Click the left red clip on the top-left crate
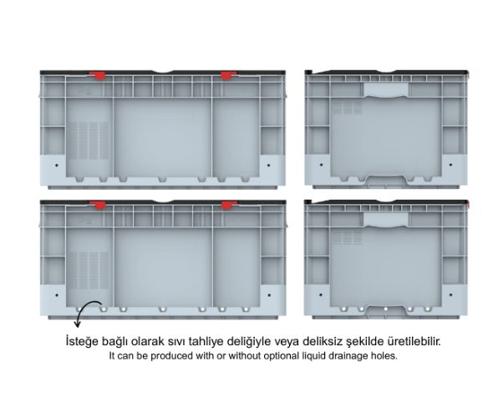click(98, 75)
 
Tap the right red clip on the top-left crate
click(228, 75)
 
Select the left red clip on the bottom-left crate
click(98, 205)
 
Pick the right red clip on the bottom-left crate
click(228, 205)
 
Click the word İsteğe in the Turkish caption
click(82, 342)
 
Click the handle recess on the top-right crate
click(386, 89)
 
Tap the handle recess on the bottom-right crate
click(386, 220)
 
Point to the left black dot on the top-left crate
click(57, 166)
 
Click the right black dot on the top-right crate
click(450, 165)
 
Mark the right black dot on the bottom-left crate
click(269, 295)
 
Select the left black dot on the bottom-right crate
click(321, 294)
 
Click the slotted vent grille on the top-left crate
click(89, 140)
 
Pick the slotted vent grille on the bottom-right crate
click(348, 237)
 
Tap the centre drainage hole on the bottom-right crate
click(386, 308)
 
